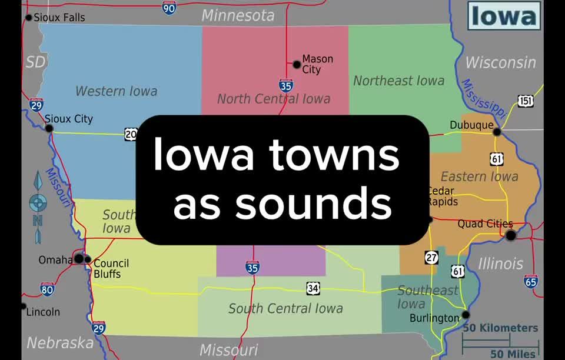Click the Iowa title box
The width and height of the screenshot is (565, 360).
[x=504, y=16]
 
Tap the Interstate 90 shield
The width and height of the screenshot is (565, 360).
[x=169, y=8]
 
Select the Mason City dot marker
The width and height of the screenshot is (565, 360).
[x=297, y=64]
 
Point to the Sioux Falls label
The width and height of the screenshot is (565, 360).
[x=59, y=17]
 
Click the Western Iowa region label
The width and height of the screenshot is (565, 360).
[x=116, y=91]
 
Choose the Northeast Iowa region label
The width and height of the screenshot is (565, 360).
[x=398, y=81]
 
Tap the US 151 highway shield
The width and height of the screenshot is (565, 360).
[x=526, y=101]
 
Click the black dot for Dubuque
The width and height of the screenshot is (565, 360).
[x=497, y=132]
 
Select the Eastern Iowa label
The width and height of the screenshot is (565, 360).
[x=479, y=176]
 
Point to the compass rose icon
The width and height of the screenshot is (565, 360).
[x=38, y=203]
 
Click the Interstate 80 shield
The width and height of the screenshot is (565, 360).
[x=48, y=289]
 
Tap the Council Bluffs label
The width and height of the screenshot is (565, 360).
[x=111, y=268]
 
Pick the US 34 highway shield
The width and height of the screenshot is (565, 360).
[x=313, y=288]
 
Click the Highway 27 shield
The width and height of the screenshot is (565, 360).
[x=432, y=257]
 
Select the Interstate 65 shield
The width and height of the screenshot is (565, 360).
[x=531, y=281]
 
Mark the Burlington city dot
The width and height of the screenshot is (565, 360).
[x=466, y=315]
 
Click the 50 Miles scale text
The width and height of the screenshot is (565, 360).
[x=513, y=353]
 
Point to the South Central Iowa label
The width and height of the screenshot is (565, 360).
[x=285, y=308]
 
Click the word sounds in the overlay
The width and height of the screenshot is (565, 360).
[x=282, y=203]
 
